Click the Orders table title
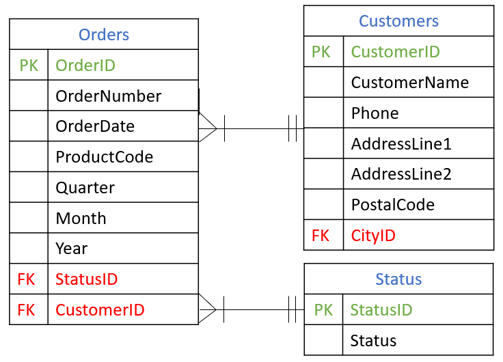(x=104, y=35)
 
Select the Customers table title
(x=398, y=21)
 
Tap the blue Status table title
(x=398, y=279)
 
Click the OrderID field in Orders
(x=85, y=66)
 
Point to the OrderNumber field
(x=109, y=96)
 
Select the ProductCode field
(x=105, y=157)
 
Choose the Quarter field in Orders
(x=85, y=188)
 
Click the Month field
(x=81, y=219)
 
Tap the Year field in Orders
(x=72, y=249)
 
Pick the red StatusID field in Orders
(x=87, y=279)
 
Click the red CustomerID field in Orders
(x=100, y=310)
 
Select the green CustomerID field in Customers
(x=395, y=52)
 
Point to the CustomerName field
(x=410, y=83)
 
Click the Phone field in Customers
(x=375, y=113)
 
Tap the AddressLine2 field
(x=401, y=174)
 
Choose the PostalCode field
(x=392, y=205)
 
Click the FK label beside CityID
(x=321, y=236)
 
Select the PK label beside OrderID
(x=29, y=66)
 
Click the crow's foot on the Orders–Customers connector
(x=208, y=128)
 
